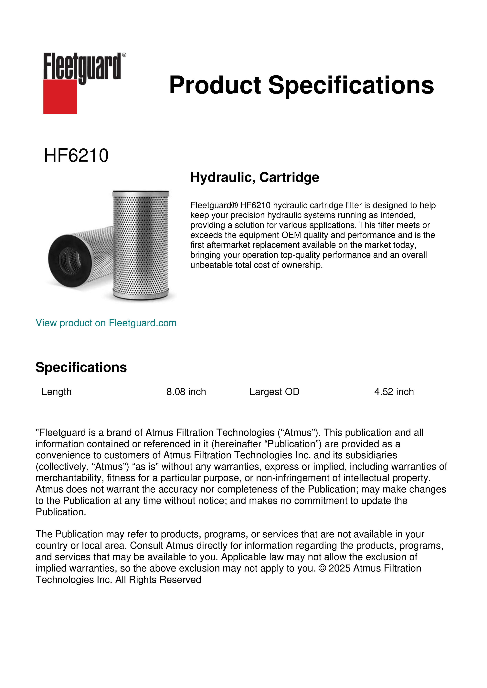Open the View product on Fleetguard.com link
tap(106, 323)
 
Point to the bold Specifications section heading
tap(81, 367)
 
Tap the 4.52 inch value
tap(394, 392)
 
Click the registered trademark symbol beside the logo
tap(124, 55)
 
